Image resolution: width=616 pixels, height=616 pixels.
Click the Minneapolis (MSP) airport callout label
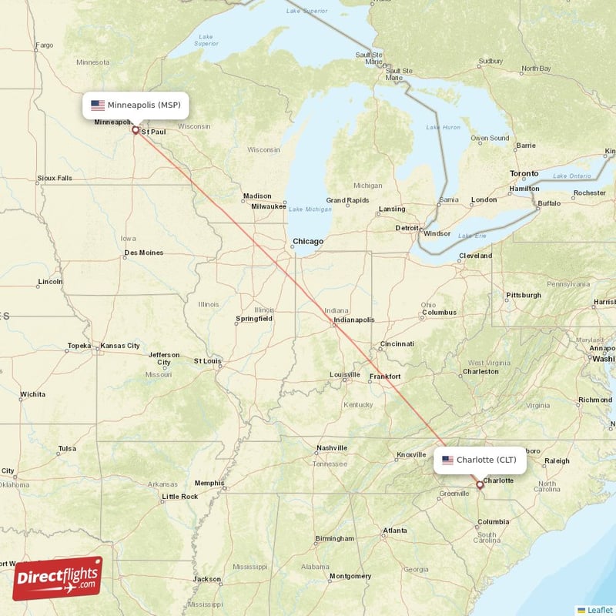pyautogui.click(x=136, y=105)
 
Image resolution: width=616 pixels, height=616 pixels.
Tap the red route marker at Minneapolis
pyautogui.click(x=136, y=129)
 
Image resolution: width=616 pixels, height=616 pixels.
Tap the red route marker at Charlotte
pyautogui.click(x=480, y=485)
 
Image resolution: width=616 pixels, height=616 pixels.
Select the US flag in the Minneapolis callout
pyautogui.click(x=98, y=105)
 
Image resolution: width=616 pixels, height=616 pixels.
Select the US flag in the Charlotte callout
pyautogui.click(x=447, y=460)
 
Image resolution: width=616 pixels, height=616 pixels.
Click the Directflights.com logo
pyautogui.click(x=58, y=578)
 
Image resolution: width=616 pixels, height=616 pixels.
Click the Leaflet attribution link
pyautogui.click(x=599, y=609)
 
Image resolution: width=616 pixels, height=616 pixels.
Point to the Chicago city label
pyautogui.click(x=308, y=242)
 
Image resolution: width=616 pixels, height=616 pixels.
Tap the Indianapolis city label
pyautogui.click(x=353, y=320)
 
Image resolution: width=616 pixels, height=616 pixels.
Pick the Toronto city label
pyautogui.click(x=524, y=174)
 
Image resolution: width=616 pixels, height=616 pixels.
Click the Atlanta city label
pyautogui.click(x=395, y=531)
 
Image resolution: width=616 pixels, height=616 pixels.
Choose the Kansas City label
pyautogui.click(x=120, y=346)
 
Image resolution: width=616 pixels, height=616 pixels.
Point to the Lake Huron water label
pyautogui.click(x=444, y=127)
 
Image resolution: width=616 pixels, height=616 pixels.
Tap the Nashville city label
pyautogui.click(x=332, y=448)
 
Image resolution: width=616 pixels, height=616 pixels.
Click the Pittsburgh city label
pyautogui.click(x=523, y=295)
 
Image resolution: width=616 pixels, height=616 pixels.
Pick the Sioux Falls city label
pyautogui.click(x=55, y=178)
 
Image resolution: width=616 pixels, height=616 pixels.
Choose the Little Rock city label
pyautogui.click(x=179, y=497)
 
